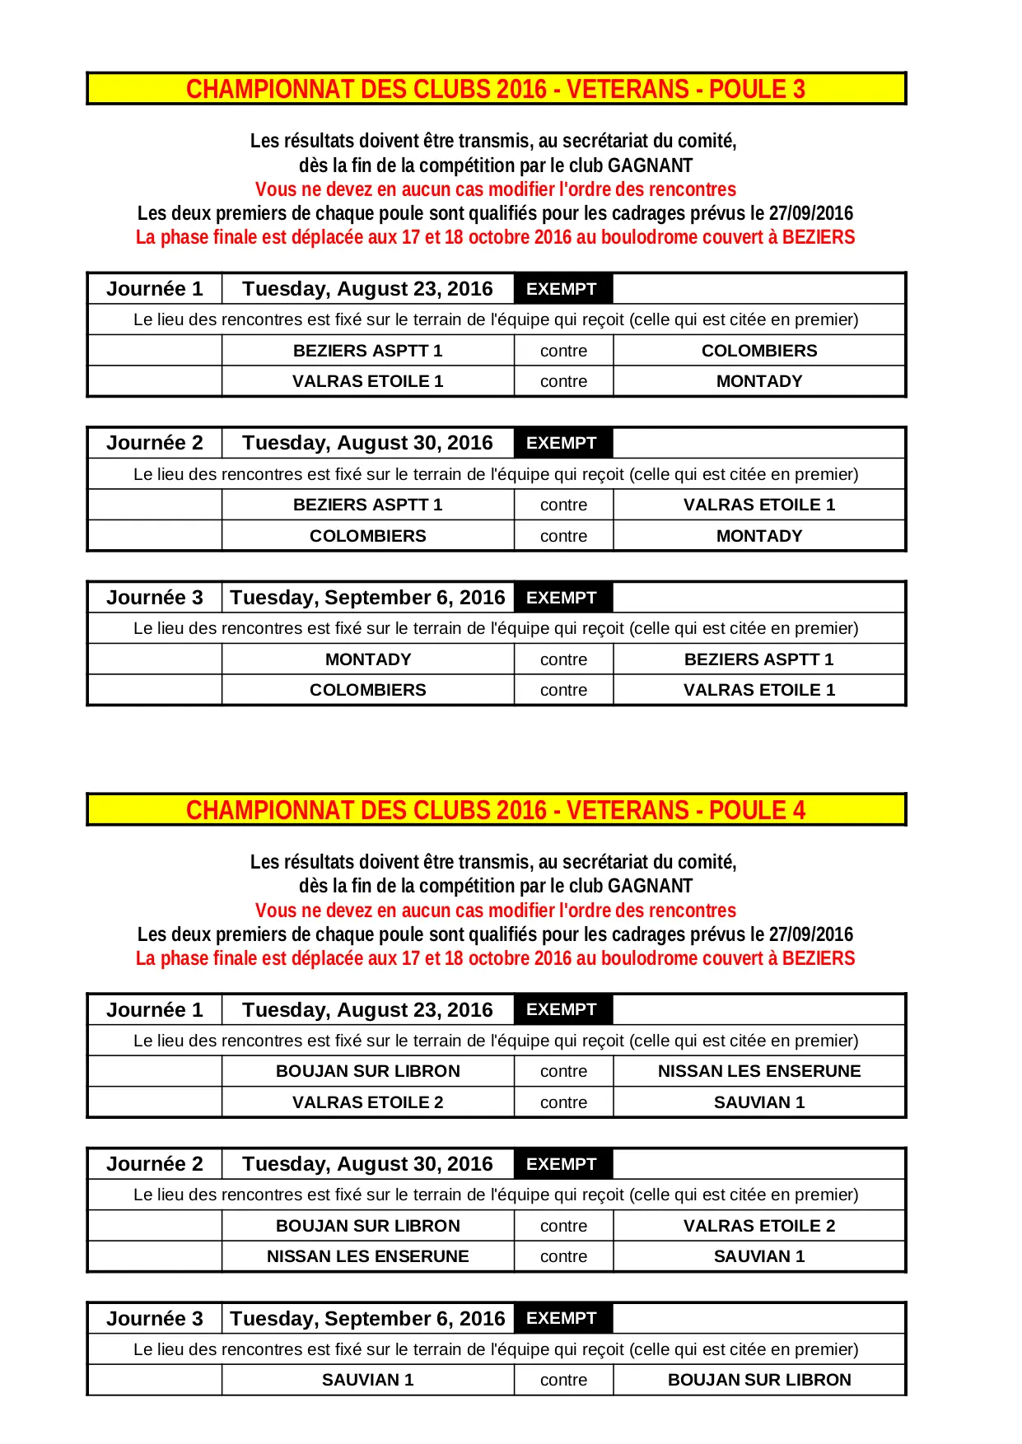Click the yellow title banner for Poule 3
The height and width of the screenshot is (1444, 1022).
click(x=496, y=89)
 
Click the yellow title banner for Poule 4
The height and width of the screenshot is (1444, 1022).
click(x=496, y=810)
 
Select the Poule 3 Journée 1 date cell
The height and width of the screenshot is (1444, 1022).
click(x=367, y=289)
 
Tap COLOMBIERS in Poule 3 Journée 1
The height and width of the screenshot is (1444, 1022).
click(x=758, y=351)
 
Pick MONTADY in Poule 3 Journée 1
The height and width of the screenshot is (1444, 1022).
click(x=758, y=381)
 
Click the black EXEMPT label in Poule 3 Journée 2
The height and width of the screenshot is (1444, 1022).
click(x=562, y=443)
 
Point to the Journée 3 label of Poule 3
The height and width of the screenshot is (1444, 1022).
click(x=154, y=598)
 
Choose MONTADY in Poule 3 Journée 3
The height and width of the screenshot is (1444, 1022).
click(x=367, y=659)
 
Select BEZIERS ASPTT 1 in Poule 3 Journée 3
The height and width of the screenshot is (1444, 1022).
click(x=758, y=659)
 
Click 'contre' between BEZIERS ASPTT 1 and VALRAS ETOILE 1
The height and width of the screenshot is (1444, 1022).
click(x=563, y=505)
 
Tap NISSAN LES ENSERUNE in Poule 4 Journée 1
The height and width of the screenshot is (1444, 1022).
click(x=758, y=1071)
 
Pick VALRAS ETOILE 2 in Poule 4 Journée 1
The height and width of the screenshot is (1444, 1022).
click(x=367, y=1102)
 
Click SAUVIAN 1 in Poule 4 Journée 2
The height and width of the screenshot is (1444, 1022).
click(x=758, y=1256)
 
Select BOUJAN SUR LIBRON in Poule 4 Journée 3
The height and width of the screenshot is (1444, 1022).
click(x=758, y=1380)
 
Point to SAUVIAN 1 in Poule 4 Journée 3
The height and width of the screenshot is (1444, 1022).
click(x=367, y=1380)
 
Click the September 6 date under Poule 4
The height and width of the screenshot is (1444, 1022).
click(x=367, y=1319)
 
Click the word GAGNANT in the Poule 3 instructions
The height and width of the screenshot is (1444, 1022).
click(x=650, y=165)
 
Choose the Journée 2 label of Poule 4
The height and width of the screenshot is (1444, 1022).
click(x=154, y=1164)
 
